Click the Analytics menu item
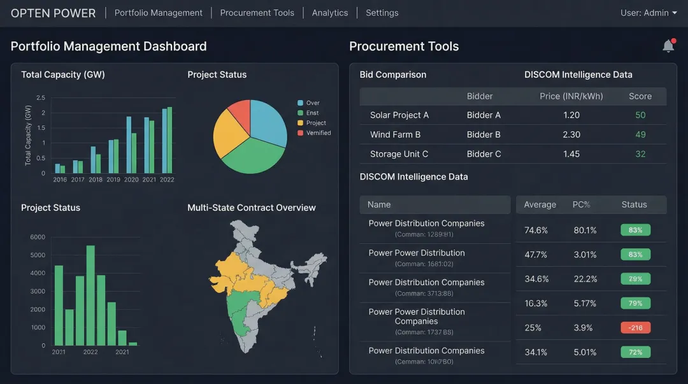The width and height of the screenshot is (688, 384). (x=329, y=13)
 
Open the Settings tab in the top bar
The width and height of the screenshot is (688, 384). (x=382, y=13)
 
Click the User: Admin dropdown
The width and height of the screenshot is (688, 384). (x=649, y=13)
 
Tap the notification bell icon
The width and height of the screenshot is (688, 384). (x=668, y=46)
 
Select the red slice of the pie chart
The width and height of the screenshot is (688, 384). (x=240, y=113)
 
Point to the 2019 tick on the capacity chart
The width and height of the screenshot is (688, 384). (x=113, y=180)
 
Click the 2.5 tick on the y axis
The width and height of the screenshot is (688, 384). (x=41, y=97)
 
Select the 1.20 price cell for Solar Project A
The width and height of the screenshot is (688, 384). (x=571, y=115)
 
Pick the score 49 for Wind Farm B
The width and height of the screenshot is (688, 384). (x=640, y=134)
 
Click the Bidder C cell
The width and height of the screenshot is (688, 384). (x=484, y=154)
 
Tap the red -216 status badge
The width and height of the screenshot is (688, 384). (x=635, y=328)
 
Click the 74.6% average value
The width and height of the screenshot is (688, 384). (x=536, y=231)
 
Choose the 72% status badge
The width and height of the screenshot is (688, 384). (x=635, y=352)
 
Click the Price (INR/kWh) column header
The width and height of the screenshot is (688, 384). (x=571, y=96)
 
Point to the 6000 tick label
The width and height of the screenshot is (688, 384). (x=38, y=237)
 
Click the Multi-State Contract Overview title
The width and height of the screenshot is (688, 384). (x=251, y=208)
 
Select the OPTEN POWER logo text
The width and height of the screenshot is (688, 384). (x=53, y=13)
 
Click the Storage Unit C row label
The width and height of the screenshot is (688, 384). (x=399, y=154)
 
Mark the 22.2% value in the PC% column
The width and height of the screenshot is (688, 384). (x=585, y=279)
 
